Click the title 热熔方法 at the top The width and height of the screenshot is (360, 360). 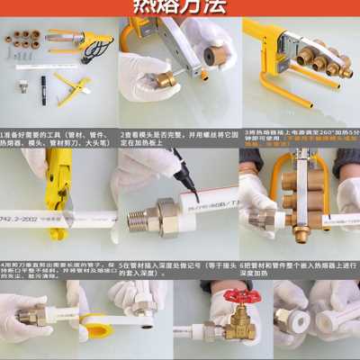pyautogui.click(x=179, y=8)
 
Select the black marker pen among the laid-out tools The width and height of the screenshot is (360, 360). pyautogui.click(x=42, y=86)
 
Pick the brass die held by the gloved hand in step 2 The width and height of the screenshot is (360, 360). pyautogui.click(x=165, y=79)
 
